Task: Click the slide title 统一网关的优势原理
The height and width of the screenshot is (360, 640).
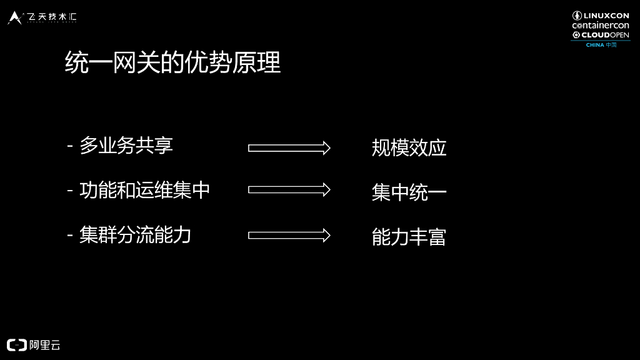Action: (x=172, y=63)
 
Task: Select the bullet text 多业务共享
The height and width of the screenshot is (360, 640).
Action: (x=126, y=146)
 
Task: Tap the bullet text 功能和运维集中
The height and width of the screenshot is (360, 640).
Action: (x=144, y=190)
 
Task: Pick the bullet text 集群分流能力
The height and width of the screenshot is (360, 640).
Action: (x=135, y=235)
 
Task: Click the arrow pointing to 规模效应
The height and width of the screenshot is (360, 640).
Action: (x=289, y=148)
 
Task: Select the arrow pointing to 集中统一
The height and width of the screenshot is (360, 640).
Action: (x=289, y=189)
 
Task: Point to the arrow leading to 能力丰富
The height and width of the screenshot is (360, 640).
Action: (x=289, y=235)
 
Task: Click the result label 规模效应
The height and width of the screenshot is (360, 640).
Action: (x=409, y=148)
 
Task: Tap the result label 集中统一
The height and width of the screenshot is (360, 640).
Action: (x=409, y=192)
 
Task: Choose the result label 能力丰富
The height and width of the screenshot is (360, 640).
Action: (x=409, y=237)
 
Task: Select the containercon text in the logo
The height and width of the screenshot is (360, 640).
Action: (x=601, y=26)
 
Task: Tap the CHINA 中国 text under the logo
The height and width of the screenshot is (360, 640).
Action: (x=601, y=45)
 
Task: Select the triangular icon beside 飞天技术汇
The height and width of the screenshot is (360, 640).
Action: (x=15, y=17)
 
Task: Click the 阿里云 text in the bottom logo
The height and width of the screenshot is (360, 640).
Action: (x=45, y=345)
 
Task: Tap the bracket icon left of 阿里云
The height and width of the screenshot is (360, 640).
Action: (x=17, y=345)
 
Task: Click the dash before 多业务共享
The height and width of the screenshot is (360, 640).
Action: (x=70, y=147)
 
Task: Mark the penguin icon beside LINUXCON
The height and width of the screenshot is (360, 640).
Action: (x=577, y=16)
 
